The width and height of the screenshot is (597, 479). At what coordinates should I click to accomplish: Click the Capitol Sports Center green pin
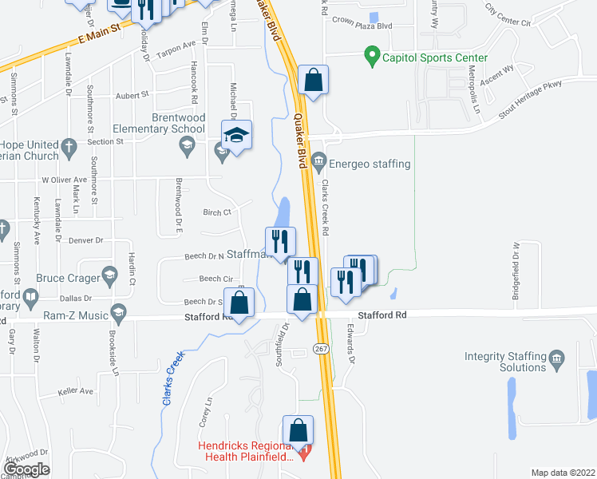(371, 57)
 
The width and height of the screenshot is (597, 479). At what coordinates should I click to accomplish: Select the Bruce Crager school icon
(108, 278)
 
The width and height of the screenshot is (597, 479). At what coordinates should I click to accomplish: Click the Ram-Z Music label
(76, 315)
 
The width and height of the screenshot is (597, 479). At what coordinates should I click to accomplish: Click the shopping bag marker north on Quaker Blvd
(313, 81)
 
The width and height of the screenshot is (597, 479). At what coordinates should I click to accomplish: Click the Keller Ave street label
(76, 392)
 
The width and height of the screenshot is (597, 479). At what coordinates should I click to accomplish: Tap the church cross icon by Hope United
(69, 145)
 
